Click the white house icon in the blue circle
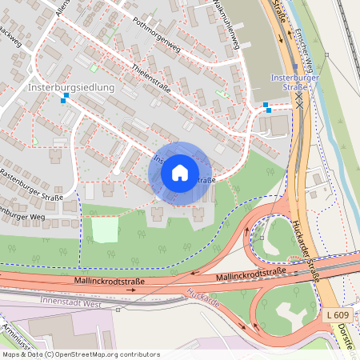click(x=180, y=173)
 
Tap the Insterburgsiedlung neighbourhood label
click(x=72, y=86)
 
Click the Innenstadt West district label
click(x=70, y=304)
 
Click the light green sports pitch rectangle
click(x=104, y=230)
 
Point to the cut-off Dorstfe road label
click(x=347, y=328)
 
